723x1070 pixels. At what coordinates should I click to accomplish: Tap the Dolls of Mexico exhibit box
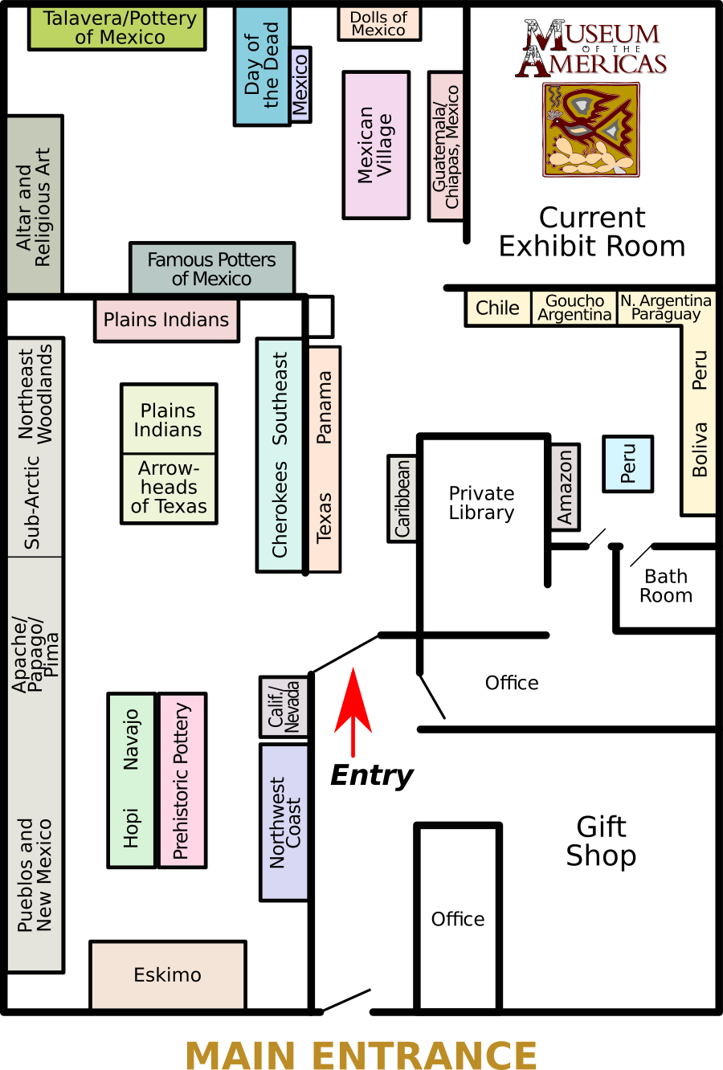379,23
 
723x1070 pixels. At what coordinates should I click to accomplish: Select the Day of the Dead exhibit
262,66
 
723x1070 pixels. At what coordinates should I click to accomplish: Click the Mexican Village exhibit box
376,145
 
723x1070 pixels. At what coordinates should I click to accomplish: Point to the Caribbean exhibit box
402,498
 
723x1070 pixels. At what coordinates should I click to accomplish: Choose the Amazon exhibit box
565,487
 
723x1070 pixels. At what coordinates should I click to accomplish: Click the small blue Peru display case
627,464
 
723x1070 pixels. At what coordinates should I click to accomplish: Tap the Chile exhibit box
497,308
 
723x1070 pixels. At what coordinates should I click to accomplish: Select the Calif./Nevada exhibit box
284,707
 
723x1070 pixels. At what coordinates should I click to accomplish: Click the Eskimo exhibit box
167,974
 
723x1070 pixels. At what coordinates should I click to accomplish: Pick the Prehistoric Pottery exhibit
182,780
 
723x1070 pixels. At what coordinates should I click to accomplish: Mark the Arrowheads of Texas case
169,488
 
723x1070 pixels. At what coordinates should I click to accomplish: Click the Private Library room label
481,503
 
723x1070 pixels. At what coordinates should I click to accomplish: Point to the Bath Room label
666,586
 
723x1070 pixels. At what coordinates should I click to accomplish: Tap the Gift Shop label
601,841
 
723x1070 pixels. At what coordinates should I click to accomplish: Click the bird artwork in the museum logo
591,129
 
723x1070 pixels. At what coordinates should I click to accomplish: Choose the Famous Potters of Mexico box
212,269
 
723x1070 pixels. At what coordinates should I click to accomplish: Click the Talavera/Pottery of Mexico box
117,28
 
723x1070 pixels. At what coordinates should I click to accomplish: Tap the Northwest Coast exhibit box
284,822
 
